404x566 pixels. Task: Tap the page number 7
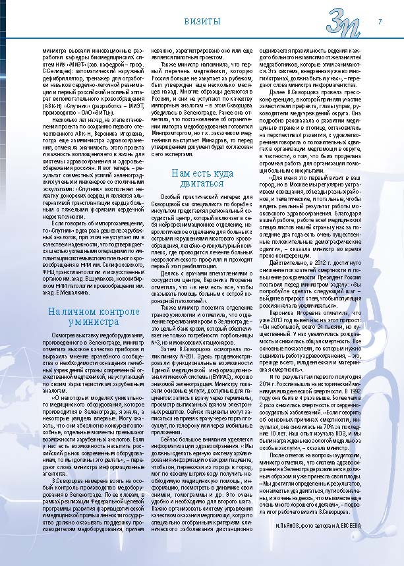pos(380,21)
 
